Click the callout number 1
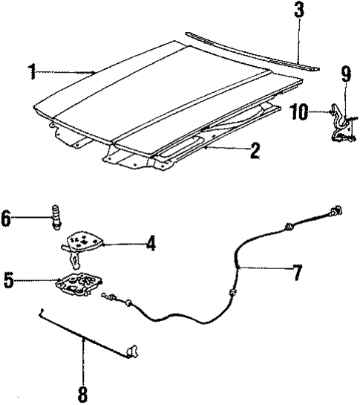(x=32, y=72)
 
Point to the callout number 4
(x=151, y=243)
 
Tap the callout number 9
(x=345, y=75)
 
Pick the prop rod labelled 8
(x=85, y=331)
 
